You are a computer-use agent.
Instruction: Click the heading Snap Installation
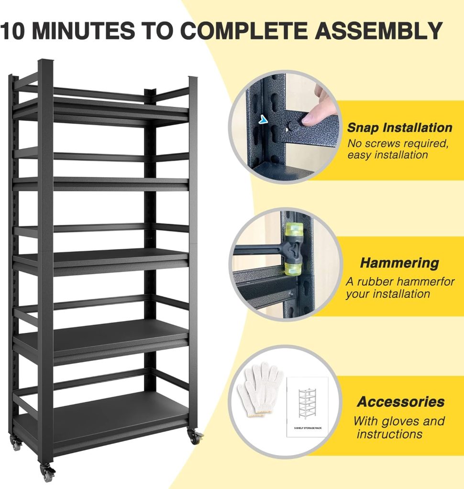[399, 128]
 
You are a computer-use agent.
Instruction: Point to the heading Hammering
[399, 263]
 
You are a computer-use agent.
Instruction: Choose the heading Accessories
[401, 402]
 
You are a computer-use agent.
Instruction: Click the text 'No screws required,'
[398, 143]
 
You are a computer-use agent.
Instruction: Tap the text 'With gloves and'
[399, 421]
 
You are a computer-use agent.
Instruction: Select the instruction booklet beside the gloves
[308, 406]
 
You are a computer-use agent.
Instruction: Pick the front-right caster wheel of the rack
[195, 436]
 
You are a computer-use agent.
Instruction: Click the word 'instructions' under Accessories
[389, 434]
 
